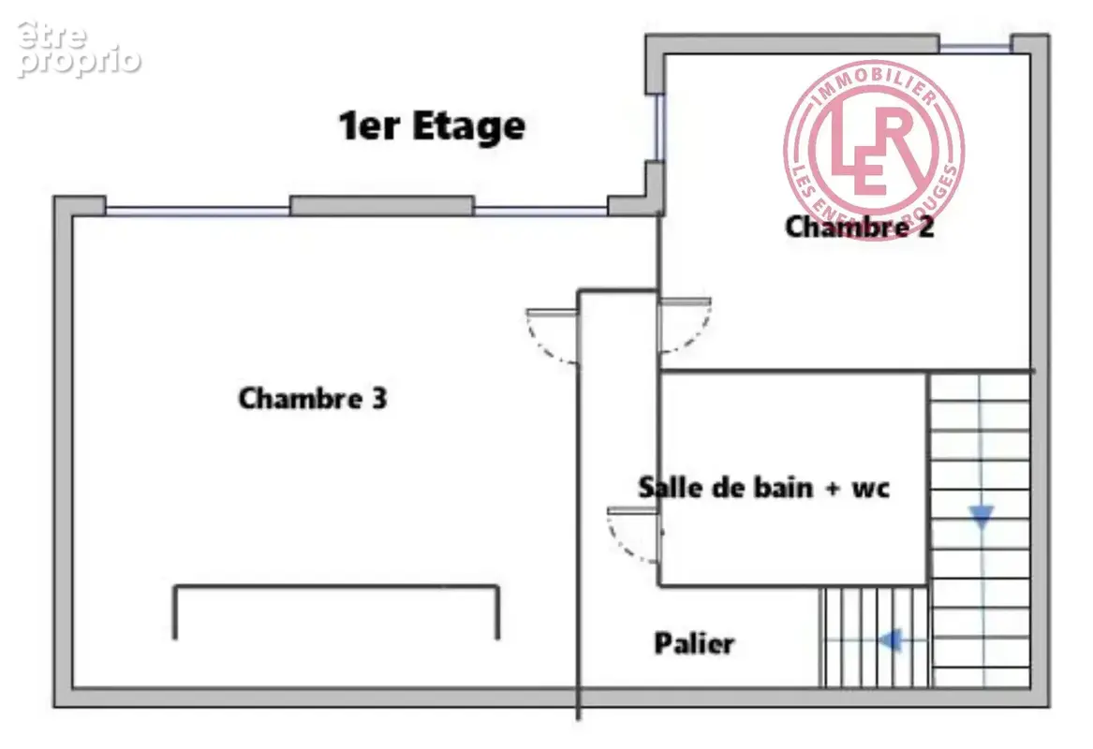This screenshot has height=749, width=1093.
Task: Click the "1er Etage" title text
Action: point(432,126)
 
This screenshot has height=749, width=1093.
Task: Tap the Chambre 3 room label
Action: point(312,399)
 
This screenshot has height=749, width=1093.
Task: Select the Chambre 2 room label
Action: point(859,227)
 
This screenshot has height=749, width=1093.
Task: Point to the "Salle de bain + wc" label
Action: point(764,487)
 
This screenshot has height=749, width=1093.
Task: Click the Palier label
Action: point(694,643)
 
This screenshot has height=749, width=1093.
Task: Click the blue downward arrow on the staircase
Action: point(982,516)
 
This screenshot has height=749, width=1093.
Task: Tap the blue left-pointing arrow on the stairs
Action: point(890,639)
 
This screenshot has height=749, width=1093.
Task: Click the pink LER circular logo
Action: point(874,149)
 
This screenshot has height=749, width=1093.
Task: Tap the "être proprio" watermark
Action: point(78,49)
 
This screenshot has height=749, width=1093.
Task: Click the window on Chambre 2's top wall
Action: point(975,48)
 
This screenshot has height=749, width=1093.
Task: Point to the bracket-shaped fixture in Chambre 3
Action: point(336,587)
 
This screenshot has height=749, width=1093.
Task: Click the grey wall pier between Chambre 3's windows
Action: point(382,206)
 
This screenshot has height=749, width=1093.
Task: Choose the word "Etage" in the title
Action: point(468,126)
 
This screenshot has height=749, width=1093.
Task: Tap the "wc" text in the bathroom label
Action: point(871,489)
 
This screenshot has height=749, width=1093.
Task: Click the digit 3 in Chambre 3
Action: point(379,399)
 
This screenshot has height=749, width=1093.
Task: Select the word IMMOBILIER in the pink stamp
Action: point(874,83)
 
